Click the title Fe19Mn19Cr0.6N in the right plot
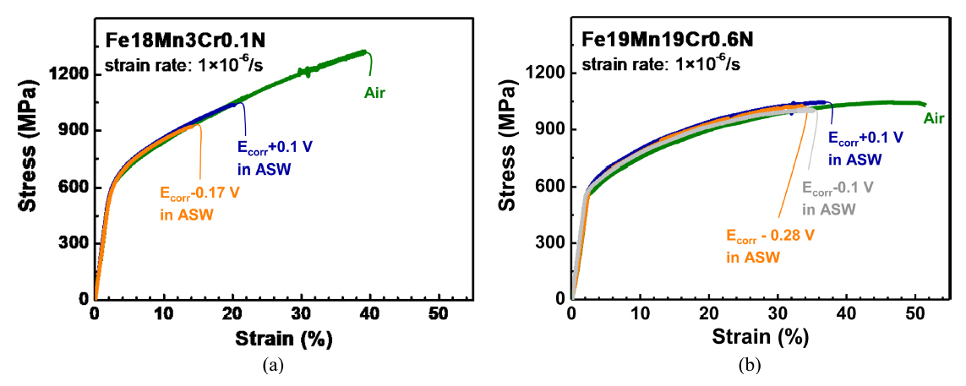click(657, 40)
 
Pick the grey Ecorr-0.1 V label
click(838, 187)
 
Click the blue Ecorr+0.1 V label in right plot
click(865, 137)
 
